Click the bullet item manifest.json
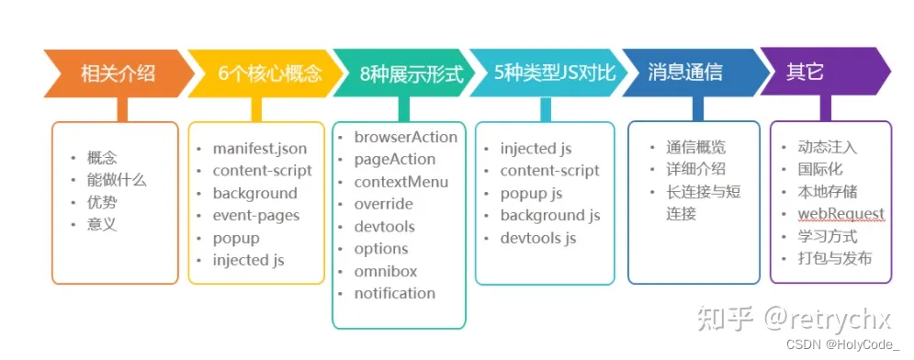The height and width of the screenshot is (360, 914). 260,148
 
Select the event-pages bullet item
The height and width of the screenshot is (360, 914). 255,216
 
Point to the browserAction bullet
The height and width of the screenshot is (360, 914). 405,137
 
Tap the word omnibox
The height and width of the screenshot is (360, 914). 385,271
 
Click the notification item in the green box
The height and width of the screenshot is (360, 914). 394,293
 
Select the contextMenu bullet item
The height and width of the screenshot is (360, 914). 401,182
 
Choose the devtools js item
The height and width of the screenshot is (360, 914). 537,238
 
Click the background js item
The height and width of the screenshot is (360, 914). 549,215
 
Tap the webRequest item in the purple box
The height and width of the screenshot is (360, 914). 841,214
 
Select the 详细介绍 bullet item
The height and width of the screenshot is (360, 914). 695,169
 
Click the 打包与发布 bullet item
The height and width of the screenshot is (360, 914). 834,258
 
